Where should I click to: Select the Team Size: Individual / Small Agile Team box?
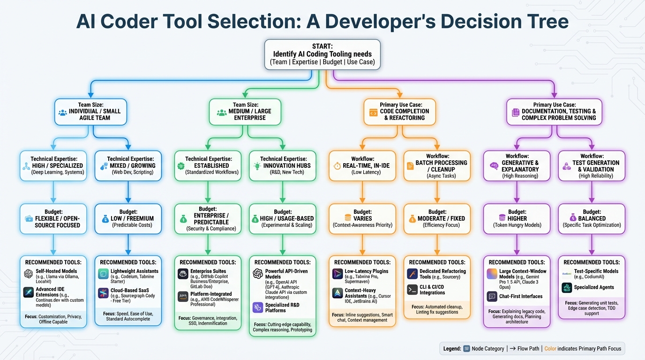[90, 112]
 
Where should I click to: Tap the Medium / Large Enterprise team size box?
[245, 112]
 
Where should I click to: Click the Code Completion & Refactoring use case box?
[400, 112]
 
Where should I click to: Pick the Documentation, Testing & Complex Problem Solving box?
[555, 112]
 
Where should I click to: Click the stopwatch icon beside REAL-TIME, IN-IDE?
[337, 166]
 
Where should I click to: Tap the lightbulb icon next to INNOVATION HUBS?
[256, 166]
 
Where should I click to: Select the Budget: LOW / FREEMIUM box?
[128, 218]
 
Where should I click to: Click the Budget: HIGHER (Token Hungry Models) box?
[517, 218]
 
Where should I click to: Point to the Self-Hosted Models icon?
[29, 274]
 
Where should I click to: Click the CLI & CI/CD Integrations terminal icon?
[412, 289]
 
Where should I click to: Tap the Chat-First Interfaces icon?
[492, 296]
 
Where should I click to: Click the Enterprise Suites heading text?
[208, 271]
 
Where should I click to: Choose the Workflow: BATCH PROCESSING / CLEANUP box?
[437, 166]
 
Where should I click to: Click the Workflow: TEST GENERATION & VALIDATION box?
[592, 166]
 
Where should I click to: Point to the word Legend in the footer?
[451, 349]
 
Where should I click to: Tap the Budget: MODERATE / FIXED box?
[437, 218]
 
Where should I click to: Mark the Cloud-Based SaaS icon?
[104, 293]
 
